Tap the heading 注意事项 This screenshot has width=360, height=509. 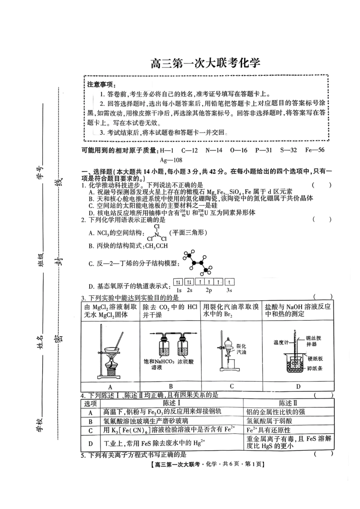tap(101, 84)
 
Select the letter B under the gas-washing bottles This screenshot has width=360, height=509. tap(171, 386)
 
